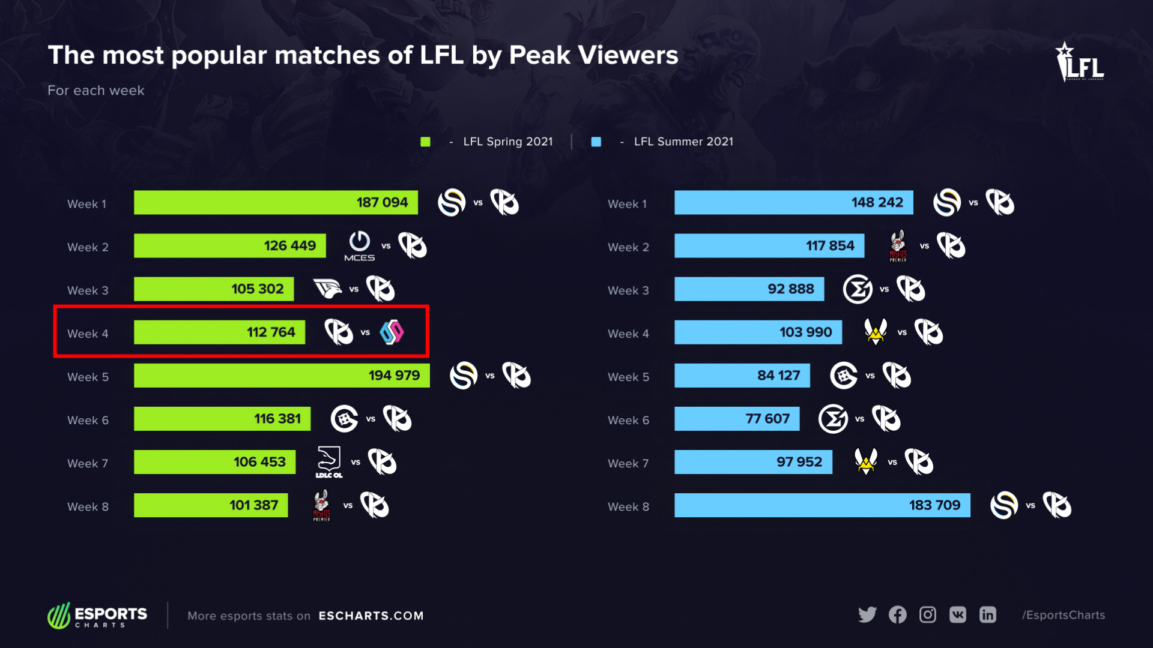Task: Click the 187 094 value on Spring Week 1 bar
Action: [x=382, y=203]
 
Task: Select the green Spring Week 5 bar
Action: [x=281, y=376]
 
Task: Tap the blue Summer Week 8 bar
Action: [x=822, y=505]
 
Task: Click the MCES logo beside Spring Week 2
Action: [x=359, y=245]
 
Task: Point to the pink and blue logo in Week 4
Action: [x=392, y=332]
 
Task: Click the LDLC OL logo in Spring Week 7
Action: [x=328, y=462]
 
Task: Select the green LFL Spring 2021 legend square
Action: [x=425, y=142]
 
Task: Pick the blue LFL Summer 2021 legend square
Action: [x=596, y=142]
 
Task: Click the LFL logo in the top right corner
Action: [x=1080, y=62]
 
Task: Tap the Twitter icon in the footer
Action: [x=867, y=615]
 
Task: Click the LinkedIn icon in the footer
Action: [x=987, y=615]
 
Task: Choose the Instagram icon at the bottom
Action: [x=927, y=615]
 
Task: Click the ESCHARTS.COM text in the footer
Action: [x=371, y=616]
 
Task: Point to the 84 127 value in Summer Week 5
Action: [x=778, y=376]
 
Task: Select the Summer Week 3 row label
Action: [x=628, y=290]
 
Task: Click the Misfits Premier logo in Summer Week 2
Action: [x=898, y=246]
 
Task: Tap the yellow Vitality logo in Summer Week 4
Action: [x=876, y=332]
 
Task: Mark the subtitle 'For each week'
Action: [x=96, y=91]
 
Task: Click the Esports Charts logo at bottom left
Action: [x=97, y=616]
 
